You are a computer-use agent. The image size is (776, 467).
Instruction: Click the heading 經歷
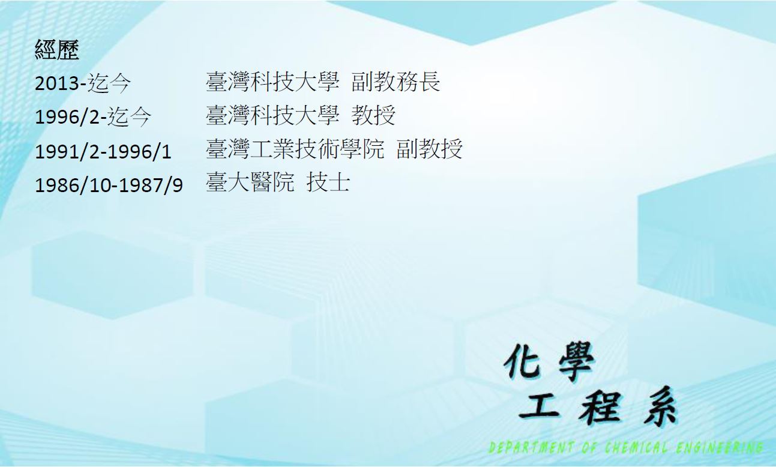57,50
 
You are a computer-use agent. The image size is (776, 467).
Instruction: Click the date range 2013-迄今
83,83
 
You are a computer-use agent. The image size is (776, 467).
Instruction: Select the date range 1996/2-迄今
93,116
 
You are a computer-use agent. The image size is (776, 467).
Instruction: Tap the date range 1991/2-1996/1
103,151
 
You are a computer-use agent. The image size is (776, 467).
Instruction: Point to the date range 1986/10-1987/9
109,185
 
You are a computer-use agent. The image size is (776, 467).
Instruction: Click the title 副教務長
396,82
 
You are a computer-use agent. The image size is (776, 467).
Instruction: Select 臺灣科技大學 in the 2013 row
272,82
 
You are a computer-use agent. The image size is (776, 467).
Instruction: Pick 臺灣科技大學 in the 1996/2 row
272,115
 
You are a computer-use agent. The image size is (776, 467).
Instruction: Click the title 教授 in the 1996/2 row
373,115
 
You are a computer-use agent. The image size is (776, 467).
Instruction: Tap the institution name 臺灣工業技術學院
295,149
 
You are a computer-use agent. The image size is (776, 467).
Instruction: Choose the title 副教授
430,149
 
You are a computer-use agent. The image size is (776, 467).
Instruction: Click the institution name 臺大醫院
250,182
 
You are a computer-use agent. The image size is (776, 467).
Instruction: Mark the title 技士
328,182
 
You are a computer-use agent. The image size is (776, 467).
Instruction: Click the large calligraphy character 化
522,362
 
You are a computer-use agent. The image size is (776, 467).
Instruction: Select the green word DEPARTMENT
531,448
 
